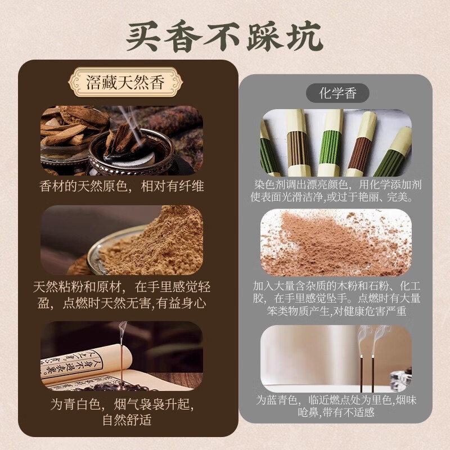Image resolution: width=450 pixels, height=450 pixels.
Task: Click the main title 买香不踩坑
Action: pos(224,35)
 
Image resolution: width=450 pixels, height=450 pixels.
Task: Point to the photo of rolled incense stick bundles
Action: pos(336,143)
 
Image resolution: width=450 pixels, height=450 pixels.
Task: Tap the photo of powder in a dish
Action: pos(121,240)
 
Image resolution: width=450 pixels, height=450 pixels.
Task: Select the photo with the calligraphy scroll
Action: pos(121,356)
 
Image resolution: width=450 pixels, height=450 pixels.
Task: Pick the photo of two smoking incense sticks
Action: pos(336,358)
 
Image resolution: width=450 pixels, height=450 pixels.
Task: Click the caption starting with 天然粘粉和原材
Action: pos(121,295)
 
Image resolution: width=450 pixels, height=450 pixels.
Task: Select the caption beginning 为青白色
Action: pos(121,412)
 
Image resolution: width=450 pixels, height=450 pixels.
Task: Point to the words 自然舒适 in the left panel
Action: pos(121,420)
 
